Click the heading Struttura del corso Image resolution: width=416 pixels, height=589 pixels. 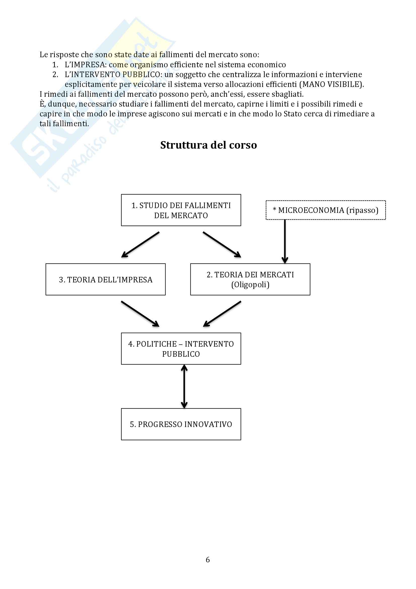[x=208, y=145]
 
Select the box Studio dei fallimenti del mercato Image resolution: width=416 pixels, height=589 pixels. [x=181, y=210]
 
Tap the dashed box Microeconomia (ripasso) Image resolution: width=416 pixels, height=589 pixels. [x=325, y=210]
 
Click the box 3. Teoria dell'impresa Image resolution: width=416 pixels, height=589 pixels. [x=106, y=279]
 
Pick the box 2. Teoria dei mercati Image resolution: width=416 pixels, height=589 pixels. [x=250, y=279]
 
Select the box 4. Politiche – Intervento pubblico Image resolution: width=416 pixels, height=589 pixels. [x=181, y=349]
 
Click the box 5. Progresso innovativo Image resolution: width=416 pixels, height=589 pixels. [x=181, y=424]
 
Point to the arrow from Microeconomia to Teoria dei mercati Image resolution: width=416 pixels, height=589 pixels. [x=285, y=241]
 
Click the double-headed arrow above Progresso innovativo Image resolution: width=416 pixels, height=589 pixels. [x=184, y=386]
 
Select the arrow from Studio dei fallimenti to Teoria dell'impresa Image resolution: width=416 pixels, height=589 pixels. [x=140, y=244]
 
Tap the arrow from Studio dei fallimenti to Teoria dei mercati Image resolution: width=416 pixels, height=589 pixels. [x=222, y=244]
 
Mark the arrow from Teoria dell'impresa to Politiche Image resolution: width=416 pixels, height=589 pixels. [x=140, y=313]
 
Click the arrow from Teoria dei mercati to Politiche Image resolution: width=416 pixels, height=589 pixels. [x=222, y=313]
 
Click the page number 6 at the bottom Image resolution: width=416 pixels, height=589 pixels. [x=208, y=560]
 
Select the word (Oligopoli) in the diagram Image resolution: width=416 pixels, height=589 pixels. [x=250, y=285]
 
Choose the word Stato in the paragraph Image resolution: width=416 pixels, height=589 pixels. [x=293, y=114]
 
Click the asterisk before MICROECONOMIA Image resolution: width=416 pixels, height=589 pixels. [x=275, y=210]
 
